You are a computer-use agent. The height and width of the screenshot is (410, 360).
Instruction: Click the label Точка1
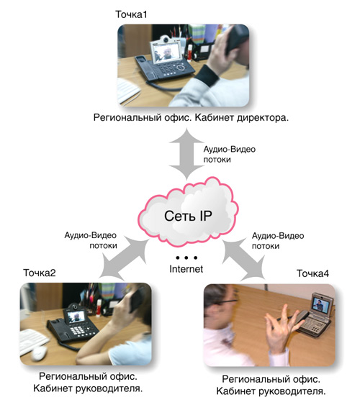[x=131, y=14]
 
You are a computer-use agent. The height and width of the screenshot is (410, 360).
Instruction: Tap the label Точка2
[x=40, y=273]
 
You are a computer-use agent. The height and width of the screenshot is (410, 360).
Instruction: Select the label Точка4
[x=312, y=273]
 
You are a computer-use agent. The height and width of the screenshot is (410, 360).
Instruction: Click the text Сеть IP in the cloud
[x=188, y=216]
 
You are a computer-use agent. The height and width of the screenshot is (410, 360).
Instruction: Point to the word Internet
[x=186, y=269]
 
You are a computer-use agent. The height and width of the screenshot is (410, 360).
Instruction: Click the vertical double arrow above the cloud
[x=186, y=154]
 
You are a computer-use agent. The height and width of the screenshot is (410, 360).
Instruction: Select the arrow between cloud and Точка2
[x=124, y=258]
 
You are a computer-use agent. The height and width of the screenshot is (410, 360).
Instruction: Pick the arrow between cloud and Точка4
[x=243, y=260]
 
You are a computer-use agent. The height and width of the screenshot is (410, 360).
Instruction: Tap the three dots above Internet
[x=186, y=258]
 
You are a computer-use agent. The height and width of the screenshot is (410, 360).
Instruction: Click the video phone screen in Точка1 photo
[x=165, y=53]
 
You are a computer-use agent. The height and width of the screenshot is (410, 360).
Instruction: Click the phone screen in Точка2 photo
[x=76, y=317]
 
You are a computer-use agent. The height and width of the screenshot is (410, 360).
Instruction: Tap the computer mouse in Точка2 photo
[x=39, y=352]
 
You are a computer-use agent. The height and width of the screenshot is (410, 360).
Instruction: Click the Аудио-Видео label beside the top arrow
[x=230, y=150]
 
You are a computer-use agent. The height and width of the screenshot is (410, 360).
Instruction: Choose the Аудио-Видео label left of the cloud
[x=91, y=235]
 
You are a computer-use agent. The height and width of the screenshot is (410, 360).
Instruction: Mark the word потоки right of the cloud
[x=266, y=246]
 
